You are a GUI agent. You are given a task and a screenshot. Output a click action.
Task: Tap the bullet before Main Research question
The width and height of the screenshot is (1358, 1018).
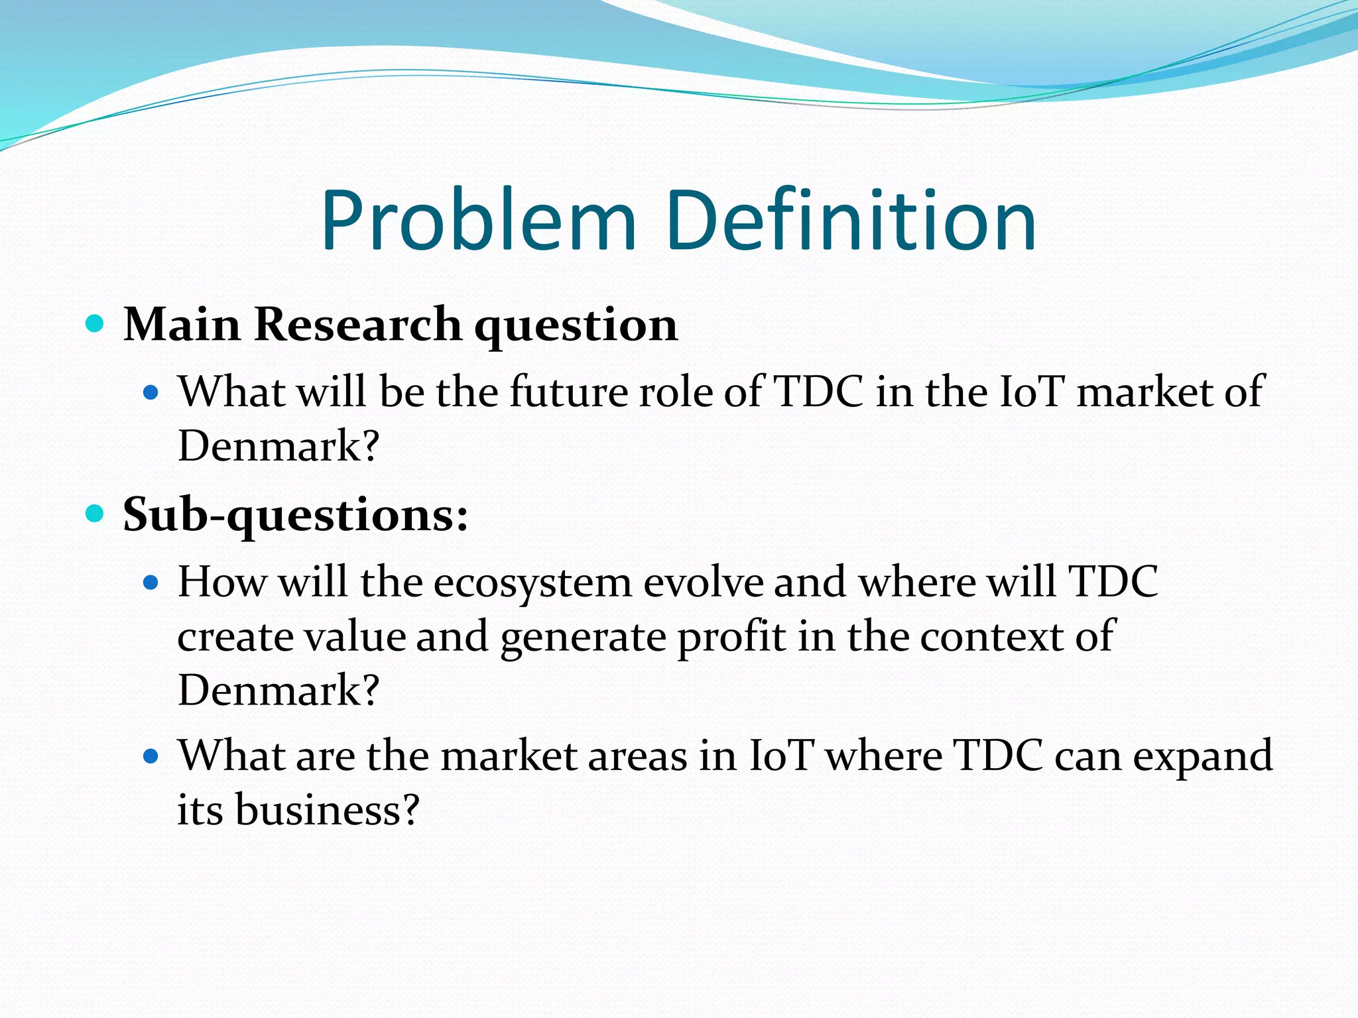(x=95, y=324)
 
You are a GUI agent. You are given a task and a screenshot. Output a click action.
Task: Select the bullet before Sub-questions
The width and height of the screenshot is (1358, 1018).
(x=95, y=514)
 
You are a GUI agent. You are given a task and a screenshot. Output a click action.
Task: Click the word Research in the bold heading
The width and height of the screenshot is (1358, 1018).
(x=357, y=325)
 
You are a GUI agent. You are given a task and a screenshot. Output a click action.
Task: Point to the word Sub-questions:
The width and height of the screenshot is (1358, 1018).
(x=296, y=515)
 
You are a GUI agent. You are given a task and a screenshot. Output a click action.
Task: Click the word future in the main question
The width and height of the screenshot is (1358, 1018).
(x=568, y=391)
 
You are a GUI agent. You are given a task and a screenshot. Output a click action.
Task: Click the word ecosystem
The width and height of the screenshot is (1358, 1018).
(x=532, y=582)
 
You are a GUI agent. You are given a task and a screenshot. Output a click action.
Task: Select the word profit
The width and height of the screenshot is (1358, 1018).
(x=731, y=637)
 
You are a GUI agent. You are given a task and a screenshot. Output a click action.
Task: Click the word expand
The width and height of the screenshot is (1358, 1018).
(x=1202, y=756)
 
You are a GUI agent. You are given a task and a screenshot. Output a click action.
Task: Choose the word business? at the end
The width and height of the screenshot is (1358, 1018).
(x=328, y=809)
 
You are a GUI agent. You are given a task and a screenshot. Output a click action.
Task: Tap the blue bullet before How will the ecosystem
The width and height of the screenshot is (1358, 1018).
(x=151, y=583)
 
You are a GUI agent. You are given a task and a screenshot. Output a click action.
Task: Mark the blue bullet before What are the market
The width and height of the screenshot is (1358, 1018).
(x=151, y=756)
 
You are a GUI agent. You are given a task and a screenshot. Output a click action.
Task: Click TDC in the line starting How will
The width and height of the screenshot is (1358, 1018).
(x=1113, y=581)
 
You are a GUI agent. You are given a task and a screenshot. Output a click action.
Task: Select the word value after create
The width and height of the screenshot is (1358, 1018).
(x=355, y=636)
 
